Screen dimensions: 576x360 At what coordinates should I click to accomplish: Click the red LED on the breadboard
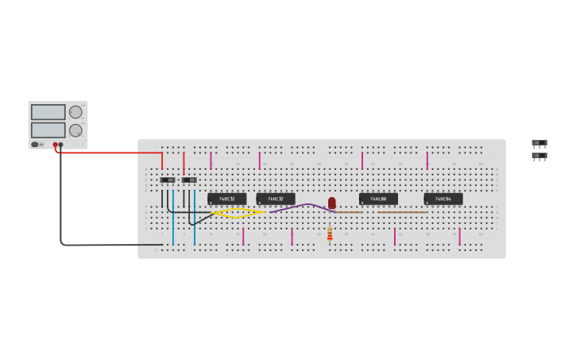click(x=332, y=203)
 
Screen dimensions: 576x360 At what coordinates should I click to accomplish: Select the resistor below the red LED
click(x=330, y=233)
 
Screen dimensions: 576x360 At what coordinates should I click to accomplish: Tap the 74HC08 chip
click(x=378, y=199)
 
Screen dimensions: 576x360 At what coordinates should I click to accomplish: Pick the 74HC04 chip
click(x=443, y=199)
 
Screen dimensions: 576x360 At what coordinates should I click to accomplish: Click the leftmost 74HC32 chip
click(x=226, y=199)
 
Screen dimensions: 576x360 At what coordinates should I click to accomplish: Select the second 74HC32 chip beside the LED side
click(x=276, y=199)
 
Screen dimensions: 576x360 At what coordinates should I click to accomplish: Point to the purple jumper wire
click(x=302, y=207)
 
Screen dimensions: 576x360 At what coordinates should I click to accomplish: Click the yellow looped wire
click(x=238, y=213)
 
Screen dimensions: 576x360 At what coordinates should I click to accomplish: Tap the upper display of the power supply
click(x=48, y=112)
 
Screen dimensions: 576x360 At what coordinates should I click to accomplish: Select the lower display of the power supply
click(x=48, y=130)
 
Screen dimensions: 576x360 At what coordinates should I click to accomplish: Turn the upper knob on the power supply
click(x=75, y=112)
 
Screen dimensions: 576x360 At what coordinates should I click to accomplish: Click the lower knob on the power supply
click(x=75, y=130)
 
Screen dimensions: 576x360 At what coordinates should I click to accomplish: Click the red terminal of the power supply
click(x=56, y=145)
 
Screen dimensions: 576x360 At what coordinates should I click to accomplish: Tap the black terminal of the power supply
click(x=61, y=145)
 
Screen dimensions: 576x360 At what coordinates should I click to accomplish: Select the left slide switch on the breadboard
click(x=168, y=180)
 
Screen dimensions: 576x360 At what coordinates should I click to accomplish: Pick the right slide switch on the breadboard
click(x=189, y=180)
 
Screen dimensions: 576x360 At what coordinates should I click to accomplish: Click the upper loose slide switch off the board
click(x=539, y=143)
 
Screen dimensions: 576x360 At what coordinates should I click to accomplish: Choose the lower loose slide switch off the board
click(x=539, y=156)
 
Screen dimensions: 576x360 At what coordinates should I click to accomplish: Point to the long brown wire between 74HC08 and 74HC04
click(x=403, y=212)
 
